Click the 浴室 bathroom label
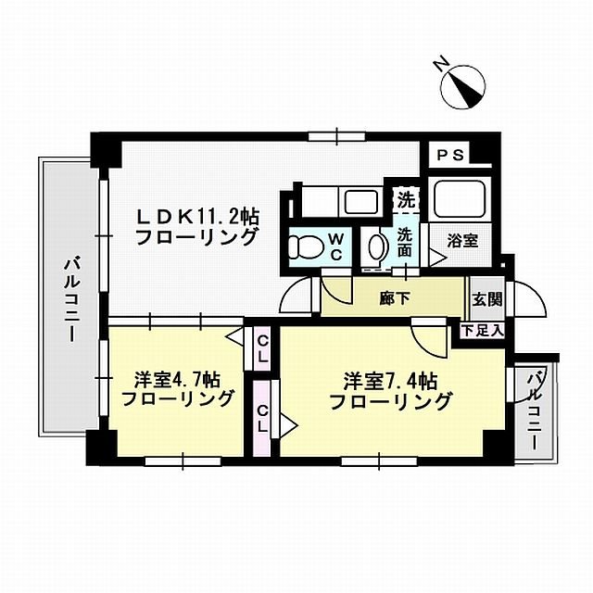click(x=463, y=241)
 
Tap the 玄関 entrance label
click(x=486, y=298)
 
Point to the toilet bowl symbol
click(x=304, y=246)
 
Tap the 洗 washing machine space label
click(x=405, y=198)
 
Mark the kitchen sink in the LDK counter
click(x=357, y=200)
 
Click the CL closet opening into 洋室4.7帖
click(x=263, y=350)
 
